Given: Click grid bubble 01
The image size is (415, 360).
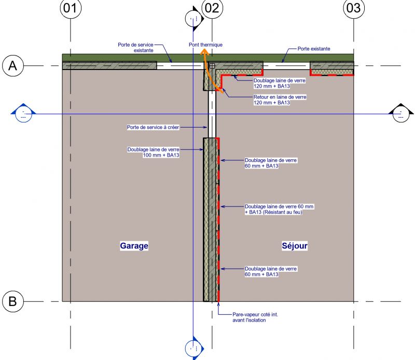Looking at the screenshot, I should pyautogui.click(x=72, y=8).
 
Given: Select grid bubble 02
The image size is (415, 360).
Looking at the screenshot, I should pyautogui.click(x=212, y=8).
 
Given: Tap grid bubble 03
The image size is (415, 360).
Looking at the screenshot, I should pyautogui.click(x=353, y=8).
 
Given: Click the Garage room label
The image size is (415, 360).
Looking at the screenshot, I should pyautogui.click(x=134, y=246).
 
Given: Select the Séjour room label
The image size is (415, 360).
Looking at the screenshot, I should pyautogui.click(x=295, y=246).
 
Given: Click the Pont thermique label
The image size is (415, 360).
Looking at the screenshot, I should pyautogui.click(x=205, y=45).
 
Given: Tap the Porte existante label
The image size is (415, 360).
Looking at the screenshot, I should pyautogui.click(x=314, y=49).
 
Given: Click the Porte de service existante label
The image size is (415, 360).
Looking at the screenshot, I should pyautogui.click(x=135, y=48).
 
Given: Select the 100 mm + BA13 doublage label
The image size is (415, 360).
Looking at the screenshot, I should pyautogui.click(x=154, y=152).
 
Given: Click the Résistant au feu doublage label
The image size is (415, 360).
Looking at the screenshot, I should pyautogui.click(x=280, y=209).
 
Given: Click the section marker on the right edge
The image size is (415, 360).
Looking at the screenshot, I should pyautogui.click(x=400, y=114).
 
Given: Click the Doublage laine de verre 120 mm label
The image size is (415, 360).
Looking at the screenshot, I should pyautogui.click(x=279, y=83).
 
